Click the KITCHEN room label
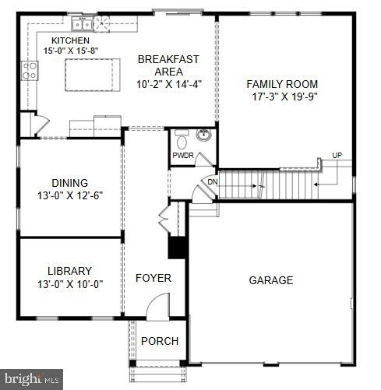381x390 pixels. click(x=70, y=40)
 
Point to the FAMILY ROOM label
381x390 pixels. click(x=282, y=84)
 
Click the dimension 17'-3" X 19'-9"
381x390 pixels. click(x=282, y=97)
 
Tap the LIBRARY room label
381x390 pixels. click(x=70, y=271)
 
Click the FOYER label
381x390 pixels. click(x=153, y=278)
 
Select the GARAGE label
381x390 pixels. click(x=271, y=280)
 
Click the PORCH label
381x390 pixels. click(x=160, y=341)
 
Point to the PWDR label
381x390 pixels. click(x=183, y=155)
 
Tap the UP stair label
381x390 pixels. click(x=337, y=155)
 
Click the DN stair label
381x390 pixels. click(x=212, y=182)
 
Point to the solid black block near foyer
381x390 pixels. click(x=177, y=247)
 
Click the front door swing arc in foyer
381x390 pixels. click(x=160, y=305)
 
